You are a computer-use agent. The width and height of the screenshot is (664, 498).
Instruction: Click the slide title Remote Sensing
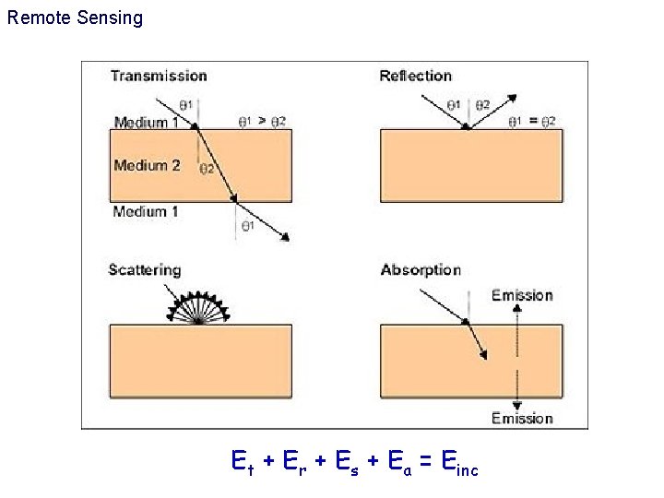click(x=75, y=18)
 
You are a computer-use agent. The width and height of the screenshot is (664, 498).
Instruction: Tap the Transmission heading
click(x=159, y=76)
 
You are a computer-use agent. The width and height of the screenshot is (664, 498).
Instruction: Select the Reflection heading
click(x=415, y=76)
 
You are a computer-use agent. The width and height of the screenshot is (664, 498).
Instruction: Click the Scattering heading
click(x=145, y=270)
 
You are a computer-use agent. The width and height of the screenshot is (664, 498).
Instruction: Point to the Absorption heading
click(x=421, y=270)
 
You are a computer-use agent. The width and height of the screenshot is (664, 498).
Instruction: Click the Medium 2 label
click(x=147, y=166)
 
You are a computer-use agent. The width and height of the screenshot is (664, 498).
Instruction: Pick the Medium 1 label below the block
click(x=146, y=212)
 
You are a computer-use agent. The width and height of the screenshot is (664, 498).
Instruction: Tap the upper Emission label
click(x=522, y=295)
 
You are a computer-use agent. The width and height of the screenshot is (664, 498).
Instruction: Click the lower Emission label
click(x=522, y=419)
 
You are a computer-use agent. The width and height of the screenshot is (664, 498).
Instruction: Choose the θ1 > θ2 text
click(x=261, y=121)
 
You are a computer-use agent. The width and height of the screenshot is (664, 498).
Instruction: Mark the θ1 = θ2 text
click(x=533, y=121)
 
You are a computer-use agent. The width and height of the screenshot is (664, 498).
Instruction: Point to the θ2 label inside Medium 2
click(x=207, y=169)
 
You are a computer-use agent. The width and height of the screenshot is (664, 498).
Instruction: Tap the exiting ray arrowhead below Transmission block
click(x=285, y=239)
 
